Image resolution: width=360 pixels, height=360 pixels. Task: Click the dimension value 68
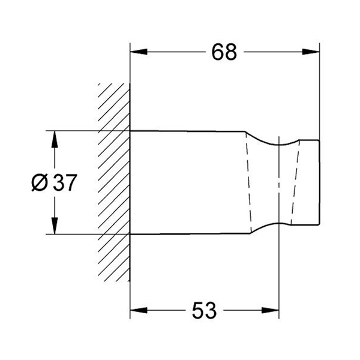(x=224, y=52)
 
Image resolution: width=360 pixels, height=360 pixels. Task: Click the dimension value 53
(x=204, y=310)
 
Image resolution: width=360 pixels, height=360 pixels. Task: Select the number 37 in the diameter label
(x=64, y=182)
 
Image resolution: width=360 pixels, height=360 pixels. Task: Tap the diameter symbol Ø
(x=40, y=182)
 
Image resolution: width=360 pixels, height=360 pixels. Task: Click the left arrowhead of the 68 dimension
(x=139, y=52)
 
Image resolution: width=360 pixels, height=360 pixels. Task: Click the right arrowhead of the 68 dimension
(x=311, y=52)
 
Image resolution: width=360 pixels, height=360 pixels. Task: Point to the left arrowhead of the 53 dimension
(x=139, y=311)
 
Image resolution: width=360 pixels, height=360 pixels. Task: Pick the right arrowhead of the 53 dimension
(x=270, y=311)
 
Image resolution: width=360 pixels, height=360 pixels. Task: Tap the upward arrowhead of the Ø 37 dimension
(x=55, y=139)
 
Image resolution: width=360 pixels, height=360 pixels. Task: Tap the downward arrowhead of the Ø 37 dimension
(x=55, y=226)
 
